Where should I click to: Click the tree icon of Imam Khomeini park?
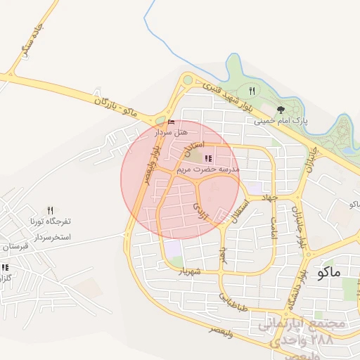[281, 109]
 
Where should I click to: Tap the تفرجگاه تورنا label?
[51, 221]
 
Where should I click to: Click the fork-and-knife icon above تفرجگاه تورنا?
[50, 210]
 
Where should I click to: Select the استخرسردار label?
[50, 237]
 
